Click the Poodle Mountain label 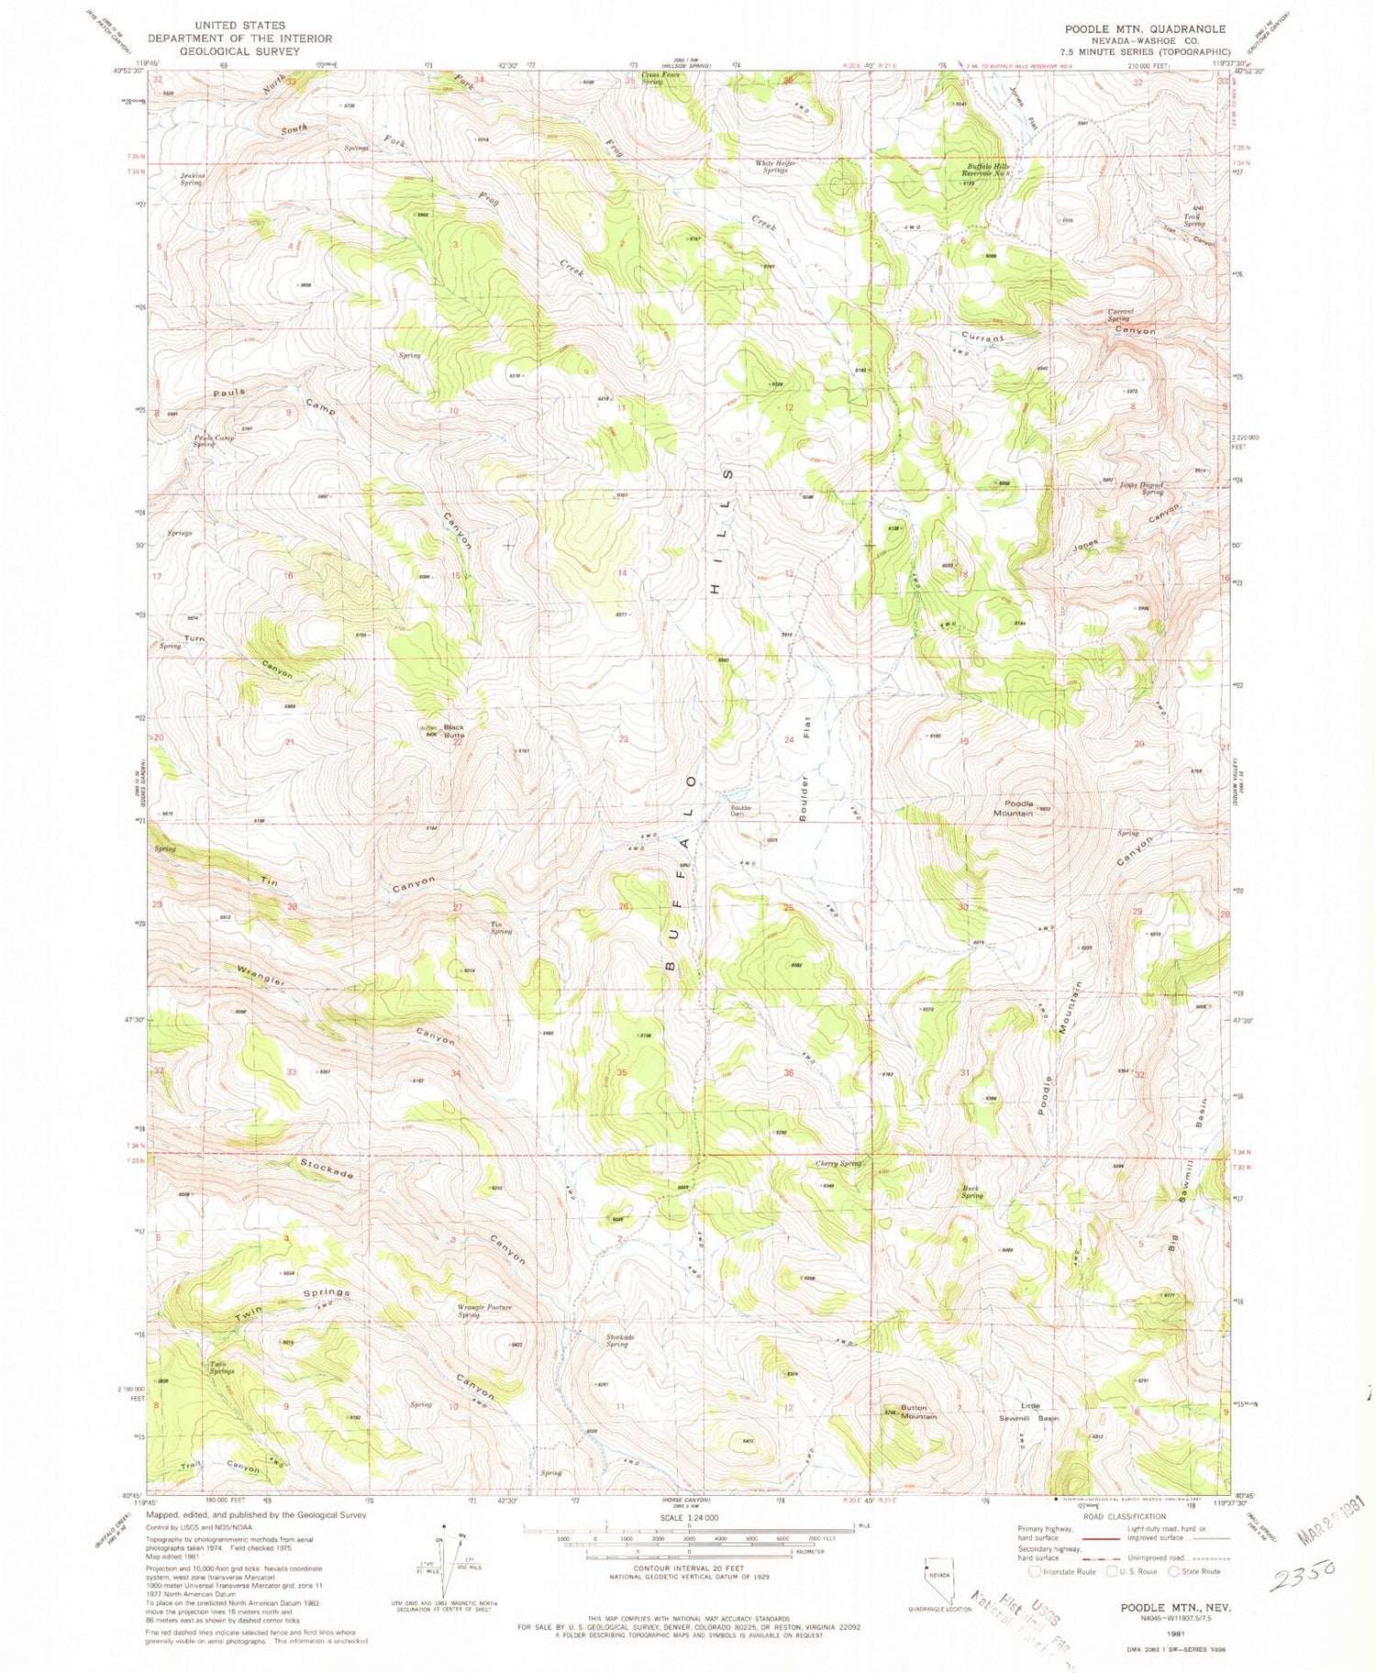(x=1014, y=808)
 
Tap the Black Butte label (x=454, y=731)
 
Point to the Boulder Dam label (x=741, y=811)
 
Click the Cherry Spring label (x=838, y=1164)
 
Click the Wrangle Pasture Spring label (x=483, y=1311)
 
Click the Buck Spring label (x=972, y=1191)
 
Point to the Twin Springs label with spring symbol (x=222, y=1368)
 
